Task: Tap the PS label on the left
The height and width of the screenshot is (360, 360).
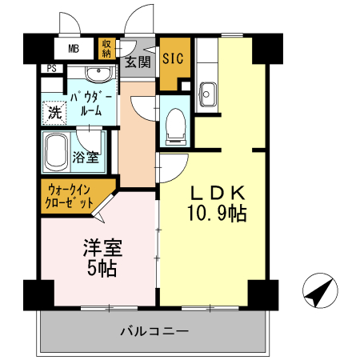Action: click(51, 70)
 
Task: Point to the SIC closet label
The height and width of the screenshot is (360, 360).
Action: click(172, 58)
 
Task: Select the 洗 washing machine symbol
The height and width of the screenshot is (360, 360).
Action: click(54, 112)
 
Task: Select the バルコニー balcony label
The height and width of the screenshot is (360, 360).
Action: click(154, 330)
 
